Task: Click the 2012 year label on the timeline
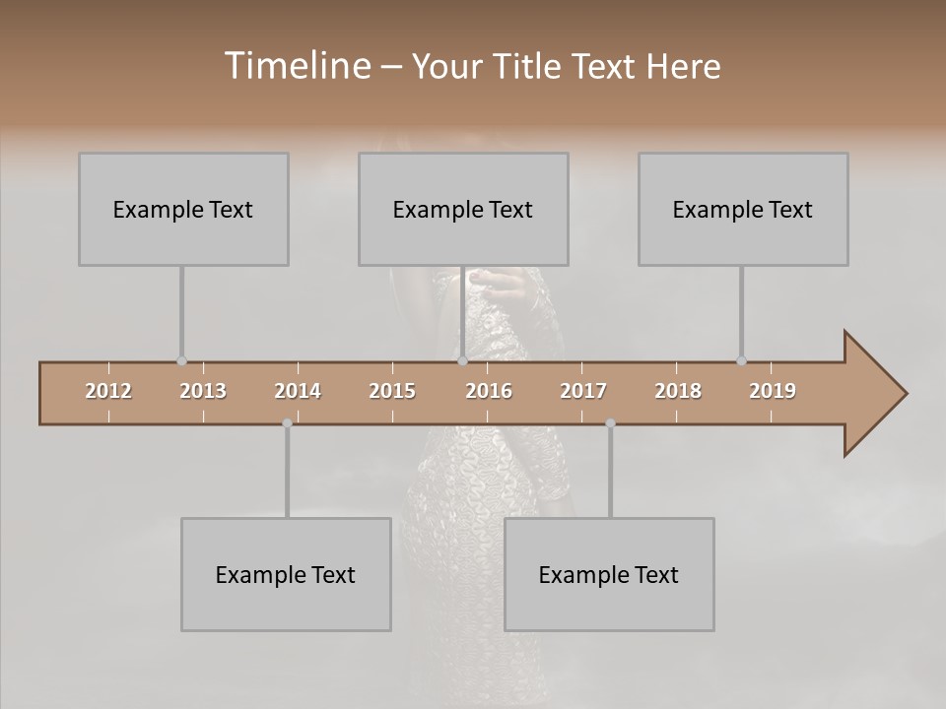[108, 391]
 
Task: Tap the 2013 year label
[203, 391]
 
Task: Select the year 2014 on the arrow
[298, 391]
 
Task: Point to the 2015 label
[392, 391]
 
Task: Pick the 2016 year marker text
[489, 391]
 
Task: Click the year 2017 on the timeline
[583, 391]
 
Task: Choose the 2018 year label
[678, 391]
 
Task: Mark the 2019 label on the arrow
[773, 391]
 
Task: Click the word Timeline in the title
[296, 66]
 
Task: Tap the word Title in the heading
[530, 66]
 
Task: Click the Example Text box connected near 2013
[183, 209]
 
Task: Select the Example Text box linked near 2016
[463, 209]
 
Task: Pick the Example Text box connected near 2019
[743, 209]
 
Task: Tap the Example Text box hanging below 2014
[286, 574]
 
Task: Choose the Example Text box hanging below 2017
[609, 574]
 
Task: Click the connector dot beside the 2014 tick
[287, 423]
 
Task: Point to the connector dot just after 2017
[610, 423]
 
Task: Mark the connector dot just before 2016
[462, 361]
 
